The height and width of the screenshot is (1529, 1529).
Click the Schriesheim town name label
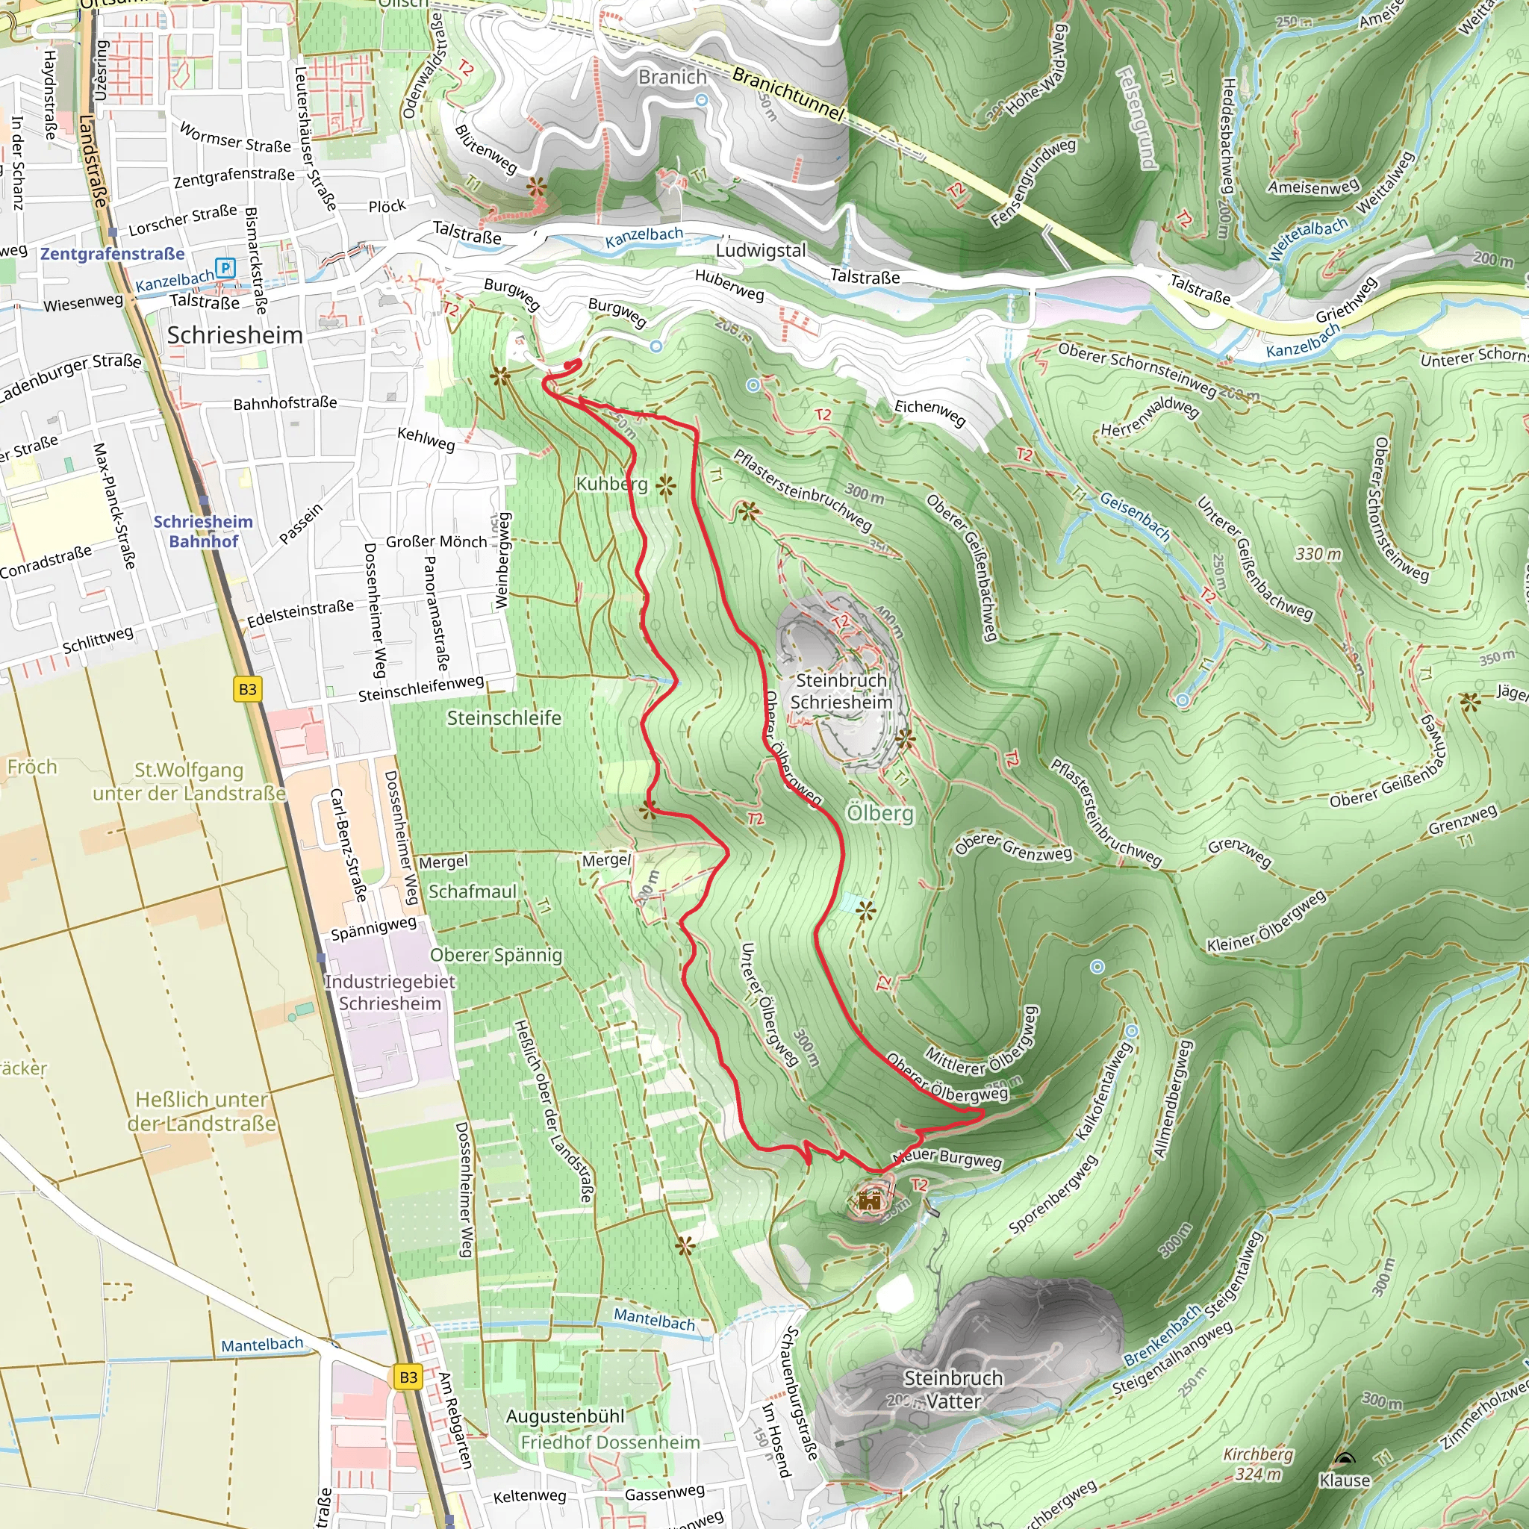point(235,334)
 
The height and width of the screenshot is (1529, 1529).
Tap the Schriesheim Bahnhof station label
point(202,531)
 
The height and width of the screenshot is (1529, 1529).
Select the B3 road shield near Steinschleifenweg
point(248,688)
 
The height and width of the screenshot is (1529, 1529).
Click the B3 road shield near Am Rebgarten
point(408,1377)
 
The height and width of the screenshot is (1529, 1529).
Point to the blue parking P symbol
point(225,267)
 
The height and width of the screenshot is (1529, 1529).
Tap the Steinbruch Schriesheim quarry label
point(841,691)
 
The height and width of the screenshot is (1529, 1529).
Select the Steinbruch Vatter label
point(953,1389)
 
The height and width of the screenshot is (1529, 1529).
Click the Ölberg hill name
point(880,814)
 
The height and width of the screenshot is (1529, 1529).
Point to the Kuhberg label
point(611,484)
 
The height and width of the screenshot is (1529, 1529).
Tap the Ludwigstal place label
point(761,250)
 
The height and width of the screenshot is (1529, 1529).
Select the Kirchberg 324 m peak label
point(1258,1464)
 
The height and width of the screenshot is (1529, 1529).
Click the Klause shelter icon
point(1344,1459)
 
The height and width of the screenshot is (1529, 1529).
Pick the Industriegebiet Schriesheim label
point(390,992)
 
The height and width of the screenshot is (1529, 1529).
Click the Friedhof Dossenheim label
point(610,1442)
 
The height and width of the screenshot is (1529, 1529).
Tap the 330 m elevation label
point(1318,554)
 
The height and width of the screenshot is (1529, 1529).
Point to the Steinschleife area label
point(504,717)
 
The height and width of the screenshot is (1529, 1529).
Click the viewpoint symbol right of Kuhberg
point(665,486)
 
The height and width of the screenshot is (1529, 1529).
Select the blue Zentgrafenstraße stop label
point(113,254)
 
